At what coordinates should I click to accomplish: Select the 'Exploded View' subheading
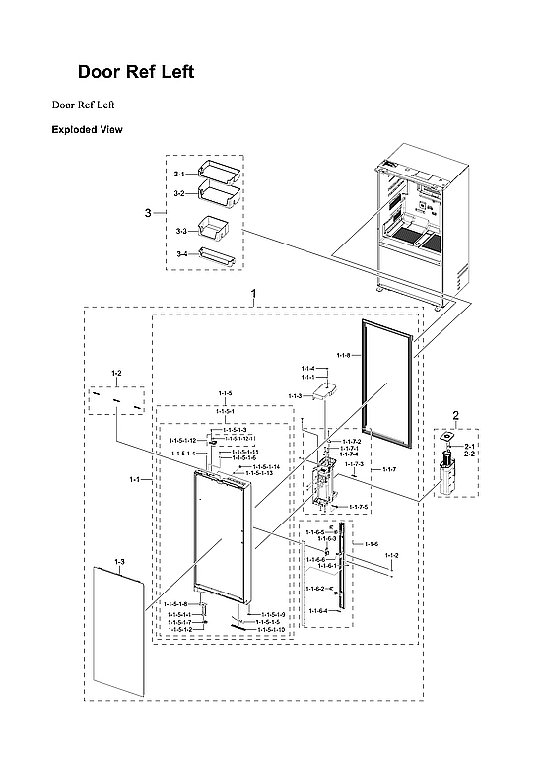87,129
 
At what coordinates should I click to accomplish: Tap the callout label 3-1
179,174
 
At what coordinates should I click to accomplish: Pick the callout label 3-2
179,194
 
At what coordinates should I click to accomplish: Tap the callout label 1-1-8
343,355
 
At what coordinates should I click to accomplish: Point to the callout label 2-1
470,447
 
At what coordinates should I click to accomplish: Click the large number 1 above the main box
255,294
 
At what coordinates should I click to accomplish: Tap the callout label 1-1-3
296,396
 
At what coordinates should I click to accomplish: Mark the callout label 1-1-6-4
316,610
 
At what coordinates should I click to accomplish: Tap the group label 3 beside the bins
148,213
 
